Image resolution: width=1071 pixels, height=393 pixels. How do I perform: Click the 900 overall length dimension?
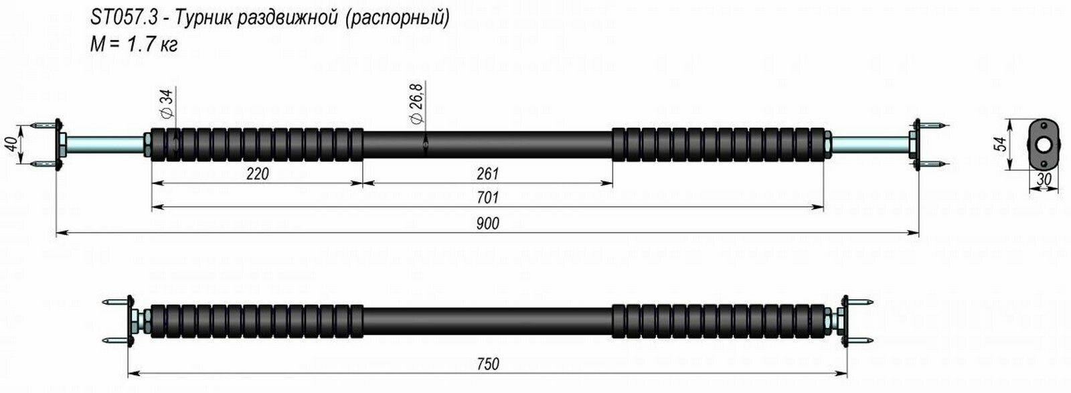(488, 224)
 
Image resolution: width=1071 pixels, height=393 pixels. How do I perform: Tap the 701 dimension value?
(488, 199)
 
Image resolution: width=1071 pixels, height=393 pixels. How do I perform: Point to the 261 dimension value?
(488, 174)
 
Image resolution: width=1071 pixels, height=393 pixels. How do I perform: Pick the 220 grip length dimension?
(257, 174)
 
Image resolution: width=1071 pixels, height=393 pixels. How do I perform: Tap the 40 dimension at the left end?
(10, 145)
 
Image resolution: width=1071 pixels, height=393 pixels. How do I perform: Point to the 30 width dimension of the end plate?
(1042, 179)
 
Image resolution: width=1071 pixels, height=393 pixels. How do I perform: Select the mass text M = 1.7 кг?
(134, 46)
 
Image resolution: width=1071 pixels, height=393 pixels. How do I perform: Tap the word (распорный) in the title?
(397, 19)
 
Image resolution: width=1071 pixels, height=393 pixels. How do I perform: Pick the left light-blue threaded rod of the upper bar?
(104, 144)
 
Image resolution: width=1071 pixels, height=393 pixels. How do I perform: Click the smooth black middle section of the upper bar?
(488, 143)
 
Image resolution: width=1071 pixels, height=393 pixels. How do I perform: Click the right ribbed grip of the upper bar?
(720, 144)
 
